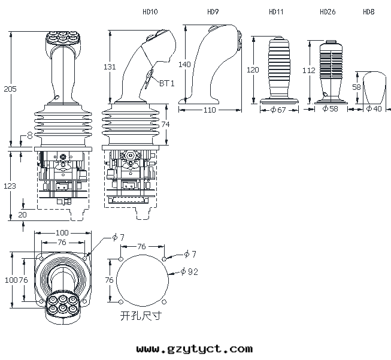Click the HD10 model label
tap(150, 12)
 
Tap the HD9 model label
tap(213, 12)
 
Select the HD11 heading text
tap(276, 12)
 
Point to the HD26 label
tap(328, 12)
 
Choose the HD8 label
tap(369, 12)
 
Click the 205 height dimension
tap(10, 89)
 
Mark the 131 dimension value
tap(110, 67)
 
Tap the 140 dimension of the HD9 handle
tap(184, 64)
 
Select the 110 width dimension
tap(210, 110)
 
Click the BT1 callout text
tap(167, 83)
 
